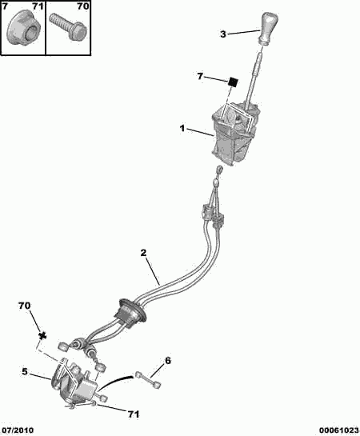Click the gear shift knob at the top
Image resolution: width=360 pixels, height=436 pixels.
(x=269, y=28)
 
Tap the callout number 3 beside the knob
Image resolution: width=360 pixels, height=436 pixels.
(x=223, y=34)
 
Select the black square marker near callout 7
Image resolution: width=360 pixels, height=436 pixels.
(x=233, y=82)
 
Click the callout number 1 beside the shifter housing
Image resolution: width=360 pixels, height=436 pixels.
(x=182, y=129)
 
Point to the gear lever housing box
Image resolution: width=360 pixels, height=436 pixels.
(x=234, y=134)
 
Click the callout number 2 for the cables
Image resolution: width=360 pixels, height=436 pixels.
(x=143, y=253)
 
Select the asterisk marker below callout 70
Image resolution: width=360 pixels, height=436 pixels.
(x=42, y=336)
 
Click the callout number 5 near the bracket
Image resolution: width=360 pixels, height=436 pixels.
(x=25, y=371)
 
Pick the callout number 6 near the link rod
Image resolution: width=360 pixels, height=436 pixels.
(x=168, y=361)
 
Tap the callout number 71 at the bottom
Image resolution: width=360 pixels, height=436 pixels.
(x=133, y=414)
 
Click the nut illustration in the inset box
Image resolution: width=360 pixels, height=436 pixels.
(x=22, y=31)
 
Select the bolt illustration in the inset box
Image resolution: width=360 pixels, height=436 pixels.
(x=69, y=28)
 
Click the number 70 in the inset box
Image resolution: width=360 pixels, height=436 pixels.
(x=82, y=6)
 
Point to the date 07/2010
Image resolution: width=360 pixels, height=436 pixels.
(x=17, y=430)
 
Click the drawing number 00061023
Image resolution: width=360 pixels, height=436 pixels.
(x=338, y=430)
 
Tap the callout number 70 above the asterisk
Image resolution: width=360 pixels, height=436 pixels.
(x=25, y=306)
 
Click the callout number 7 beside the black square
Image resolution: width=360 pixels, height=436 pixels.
(x=200, y=76)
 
